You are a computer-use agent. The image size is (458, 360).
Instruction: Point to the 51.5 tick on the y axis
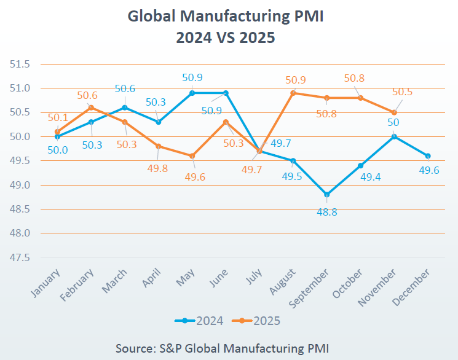(20, 64)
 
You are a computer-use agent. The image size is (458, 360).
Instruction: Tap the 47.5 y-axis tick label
(20, 257)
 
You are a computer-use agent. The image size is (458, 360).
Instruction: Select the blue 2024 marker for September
(326, 194)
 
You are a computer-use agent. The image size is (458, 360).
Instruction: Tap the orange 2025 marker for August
(293, 93)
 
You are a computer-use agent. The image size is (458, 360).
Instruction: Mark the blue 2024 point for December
(428, 155)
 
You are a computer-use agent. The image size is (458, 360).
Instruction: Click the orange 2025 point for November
(394, 112)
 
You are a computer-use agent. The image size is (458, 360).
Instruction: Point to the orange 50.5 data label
(402, 92)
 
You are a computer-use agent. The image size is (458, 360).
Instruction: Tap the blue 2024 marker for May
(192, 93)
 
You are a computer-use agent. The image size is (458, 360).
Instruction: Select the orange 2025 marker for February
(91, 108)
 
